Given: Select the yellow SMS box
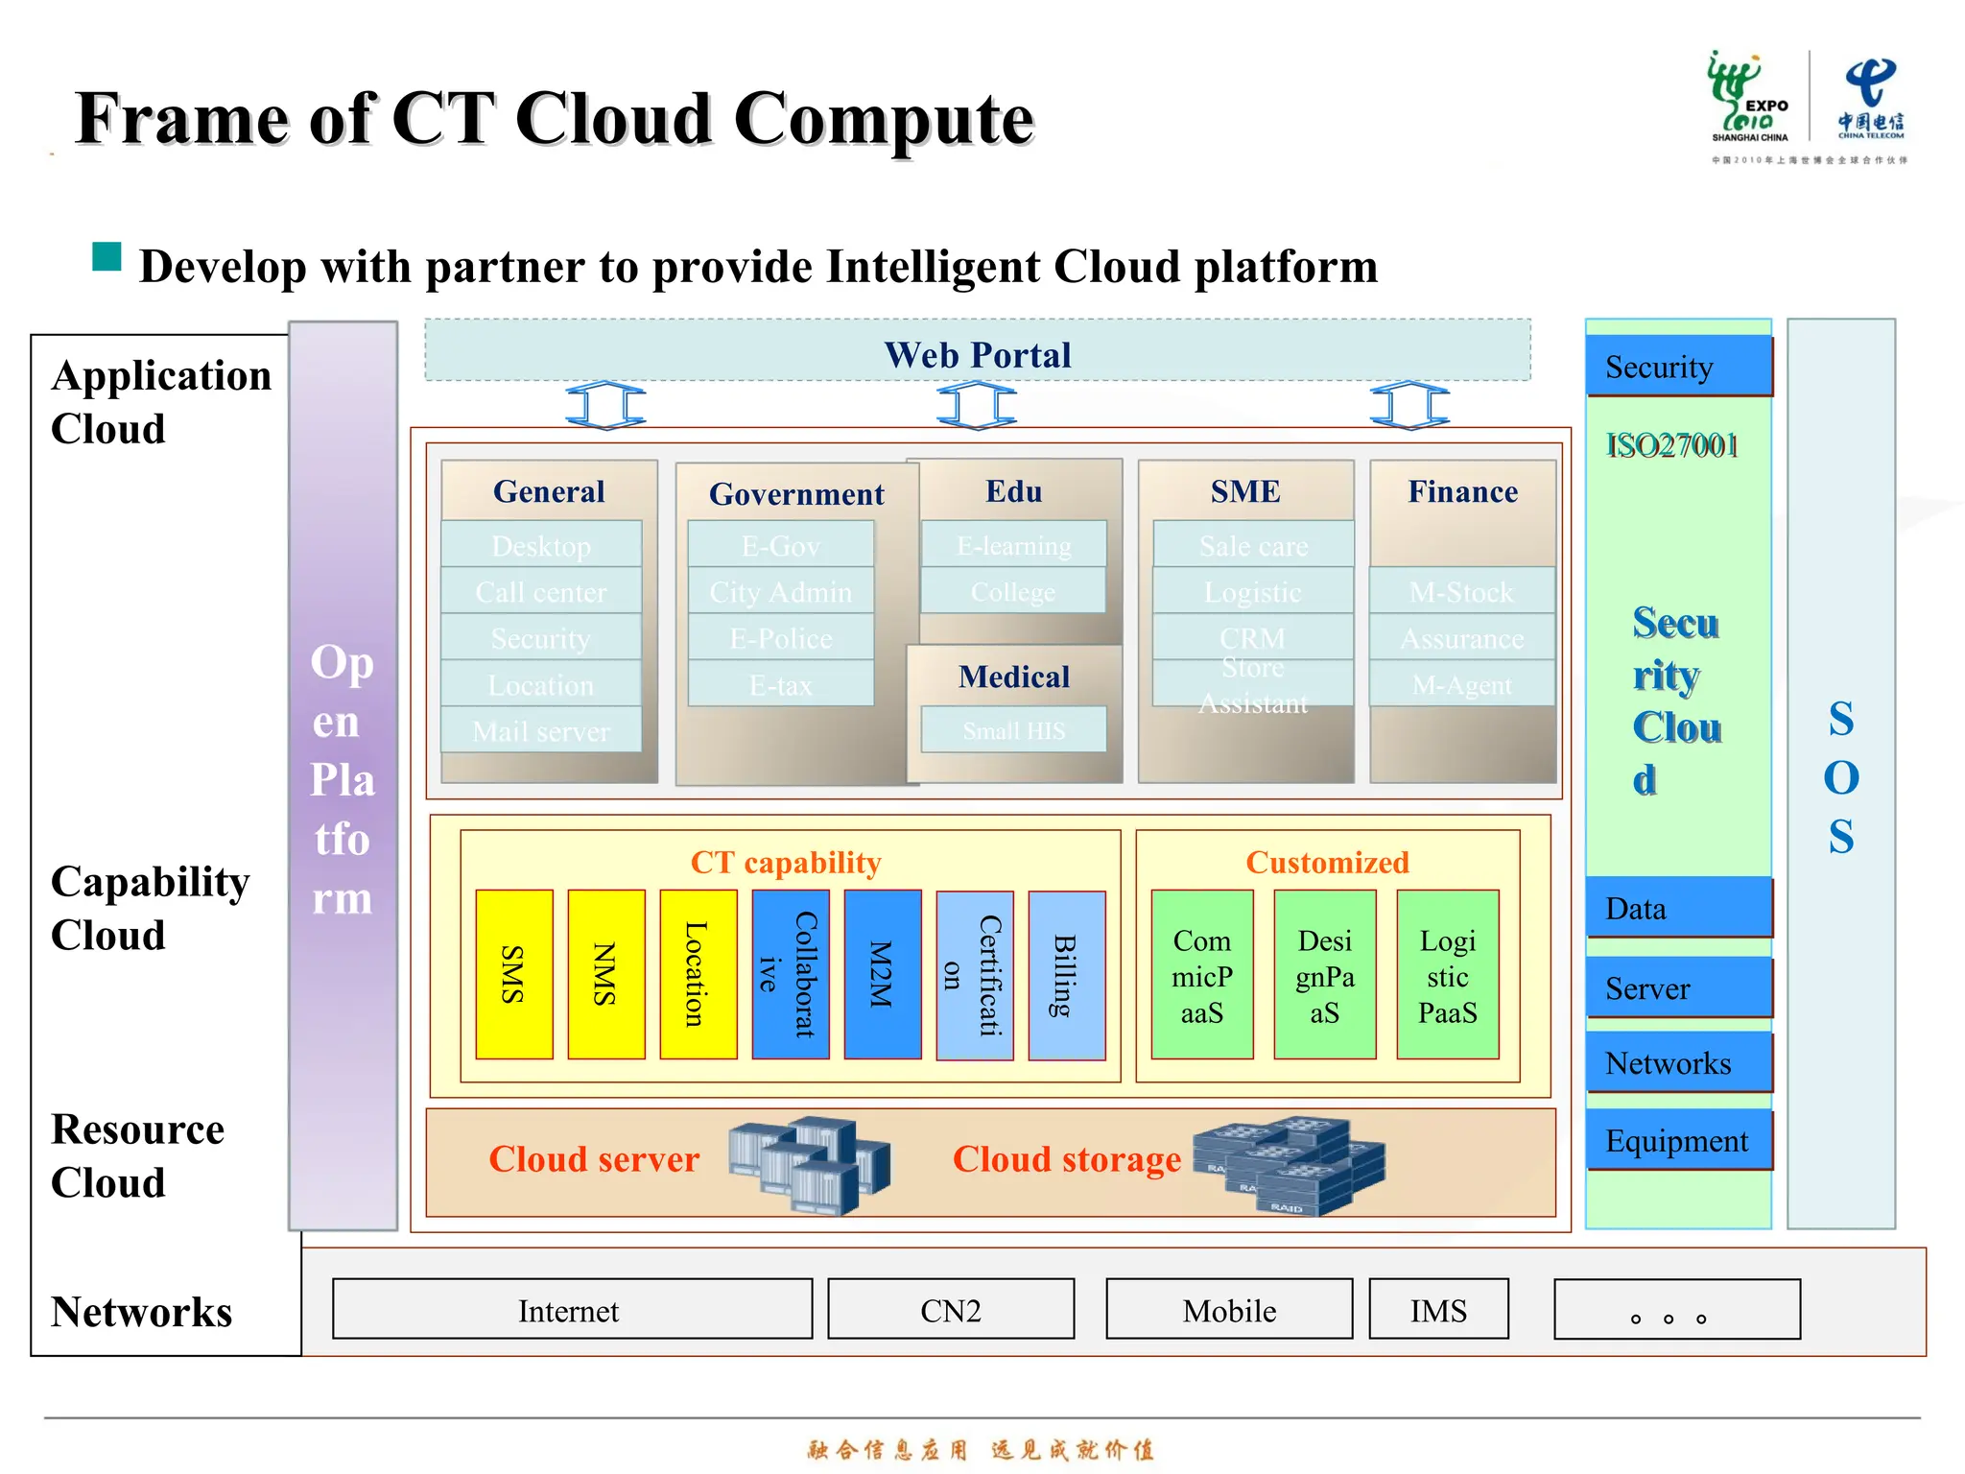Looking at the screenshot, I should [513, 974].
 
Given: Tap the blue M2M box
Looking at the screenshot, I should [882, 974].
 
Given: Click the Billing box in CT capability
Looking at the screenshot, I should [1066, 975].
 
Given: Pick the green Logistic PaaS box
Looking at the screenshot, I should [1447, 975].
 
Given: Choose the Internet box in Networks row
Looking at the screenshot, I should [571, 1309].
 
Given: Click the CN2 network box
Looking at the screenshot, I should [950, 1309].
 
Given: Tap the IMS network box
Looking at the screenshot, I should [1437, 1309].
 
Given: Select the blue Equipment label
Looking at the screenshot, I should [1677, 1140].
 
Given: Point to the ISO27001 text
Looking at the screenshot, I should [1671, 445].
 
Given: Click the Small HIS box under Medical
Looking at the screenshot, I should [1013, 730].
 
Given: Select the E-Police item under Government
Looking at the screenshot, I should [780, 638].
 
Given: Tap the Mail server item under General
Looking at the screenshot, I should [540, 731].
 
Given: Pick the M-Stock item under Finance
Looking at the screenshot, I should [1460, 591].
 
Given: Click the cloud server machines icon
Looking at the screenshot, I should [808, 1164].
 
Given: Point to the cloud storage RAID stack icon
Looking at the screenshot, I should [1289, 1165].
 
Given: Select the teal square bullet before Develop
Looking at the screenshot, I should [107, 257].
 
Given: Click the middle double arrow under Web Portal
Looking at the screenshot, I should [976, 405].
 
